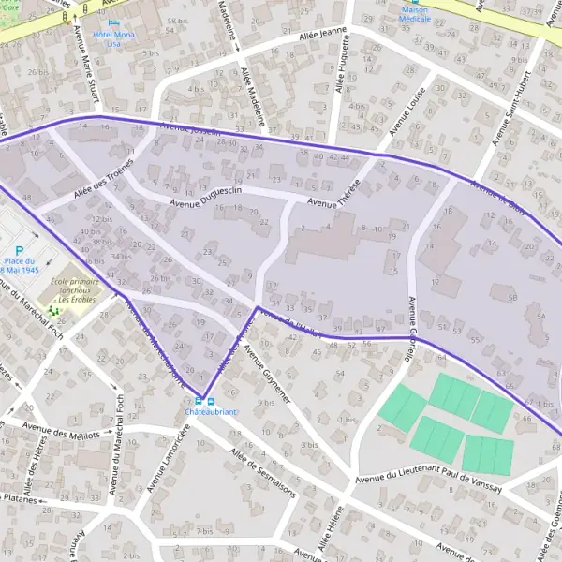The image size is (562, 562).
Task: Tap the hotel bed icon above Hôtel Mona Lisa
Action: (114, 22)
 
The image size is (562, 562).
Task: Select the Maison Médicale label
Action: (415, 13)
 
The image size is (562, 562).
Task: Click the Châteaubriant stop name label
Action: (211, 412)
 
